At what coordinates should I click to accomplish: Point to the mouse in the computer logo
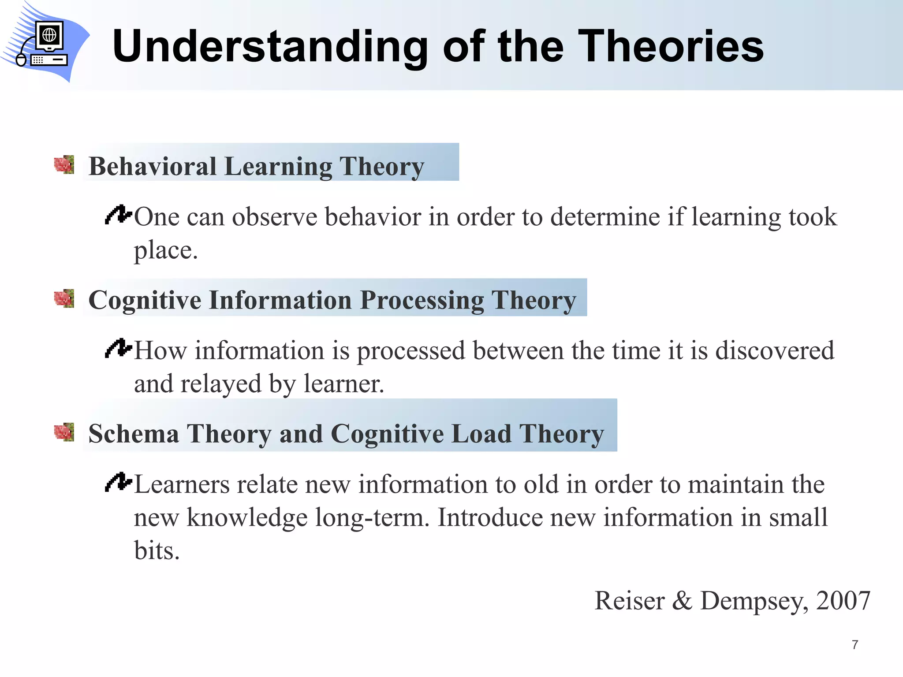21,60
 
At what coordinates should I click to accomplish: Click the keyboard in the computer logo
49,60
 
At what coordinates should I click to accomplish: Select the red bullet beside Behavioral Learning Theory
64,165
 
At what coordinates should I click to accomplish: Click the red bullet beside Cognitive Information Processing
64,298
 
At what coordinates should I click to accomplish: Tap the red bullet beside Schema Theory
64,432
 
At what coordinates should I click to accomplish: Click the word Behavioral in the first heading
153,167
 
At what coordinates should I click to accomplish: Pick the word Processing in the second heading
422,301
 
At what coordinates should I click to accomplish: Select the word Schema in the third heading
134,434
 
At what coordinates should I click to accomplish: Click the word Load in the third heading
481,434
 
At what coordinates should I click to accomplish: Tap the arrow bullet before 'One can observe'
118,215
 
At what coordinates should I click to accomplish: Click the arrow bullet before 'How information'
118,348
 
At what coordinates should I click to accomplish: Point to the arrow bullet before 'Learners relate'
118,482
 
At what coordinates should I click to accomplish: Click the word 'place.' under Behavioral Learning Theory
166,251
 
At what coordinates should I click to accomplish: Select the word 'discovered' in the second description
774,350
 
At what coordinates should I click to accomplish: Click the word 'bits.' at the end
157,551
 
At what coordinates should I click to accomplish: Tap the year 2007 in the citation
843,600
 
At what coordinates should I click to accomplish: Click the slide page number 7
855,645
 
